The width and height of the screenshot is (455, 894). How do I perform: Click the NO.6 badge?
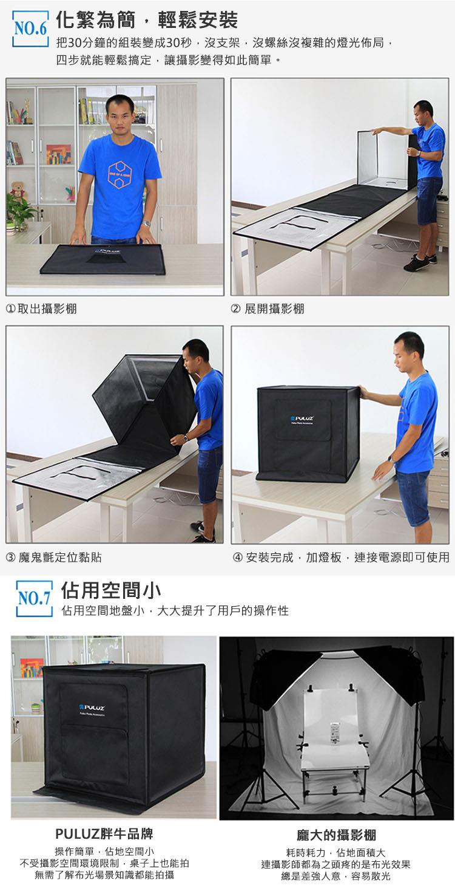click(x=30, y=29)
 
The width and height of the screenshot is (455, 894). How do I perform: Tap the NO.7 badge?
click(x=35, y=598)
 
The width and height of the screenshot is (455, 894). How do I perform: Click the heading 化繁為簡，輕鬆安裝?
click(x=147, y=20)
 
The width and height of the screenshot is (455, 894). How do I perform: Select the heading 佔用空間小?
click(x=111, y=590)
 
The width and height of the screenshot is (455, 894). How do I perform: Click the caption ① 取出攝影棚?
click(x=41, y=309)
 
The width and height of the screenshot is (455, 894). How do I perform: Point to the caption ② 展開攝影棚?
click(x=268, y=309)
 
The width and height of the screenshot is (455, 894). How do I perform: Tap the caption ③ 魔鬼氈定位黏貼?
click(x=54, y=557)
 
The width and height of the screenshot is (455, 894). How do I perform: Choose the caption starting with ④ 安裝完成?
click(x=341, y=557)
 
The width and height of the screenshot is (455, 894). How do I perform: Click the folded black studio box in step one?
click(x=103, y=259)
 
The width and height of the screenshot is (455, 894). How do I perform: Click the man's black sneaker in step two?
click(x=416, y=263)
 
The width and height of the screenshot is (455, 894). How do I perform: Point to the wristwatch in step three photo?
click(x=185, y=437)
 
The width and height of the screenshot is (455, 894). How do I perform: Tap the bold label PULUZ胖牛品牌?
click(x=104, y=833)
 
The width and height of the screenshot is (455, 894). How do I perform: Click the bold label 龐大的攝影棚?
click(x=336, y=834)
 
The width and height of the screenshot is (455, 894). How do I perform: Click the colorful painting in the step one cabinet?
click(x=59, y=154)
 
